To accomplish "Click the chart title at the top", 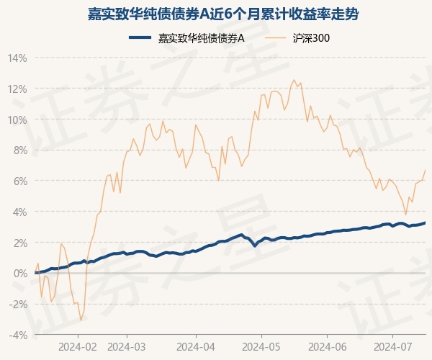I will coord(216,14).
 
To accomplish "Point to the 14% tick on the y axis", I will coord(18,58).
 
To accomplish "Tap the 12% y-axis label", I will coord(18,89).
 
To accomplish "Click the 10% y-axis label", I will coord(18,120).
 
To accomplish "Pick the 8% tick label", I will coord(20,150).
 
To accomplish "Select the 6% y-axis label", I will coord(20,181).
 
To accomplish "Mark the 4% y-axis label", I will coord(20,212).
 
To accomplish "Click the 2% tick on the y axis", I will coord(20,243).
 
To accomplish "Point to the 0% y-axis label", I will coord(20,274).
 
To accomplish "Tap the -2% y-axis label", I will coord(19,305).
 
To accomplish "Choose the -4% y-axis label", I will coord(19,336).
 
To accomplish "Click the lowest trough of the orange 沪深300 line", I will coord(81,320).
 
